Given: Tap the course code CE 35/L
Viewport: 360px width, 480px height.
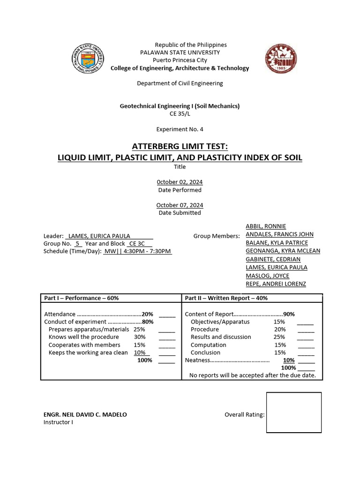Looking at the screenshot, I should click(180, 113).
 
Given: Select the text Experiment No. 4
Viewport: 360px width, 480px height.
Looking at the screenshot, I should click(180, 129).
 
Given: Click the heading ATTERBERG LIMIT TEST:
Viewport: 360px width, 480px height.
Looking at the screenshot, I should click(180, 146).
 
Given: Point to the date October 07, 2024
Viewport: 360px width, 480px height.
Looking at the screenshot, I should click(180, 205).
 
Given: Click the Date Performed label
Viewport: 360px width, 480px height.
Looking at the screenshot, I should click(180, 190).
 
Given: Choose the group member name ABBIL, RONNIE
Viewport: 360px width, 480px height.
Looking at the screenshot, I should click(266, 226).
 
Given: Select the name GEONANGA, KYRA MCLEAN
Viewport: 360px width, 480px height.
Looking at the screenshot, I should click(283, 251).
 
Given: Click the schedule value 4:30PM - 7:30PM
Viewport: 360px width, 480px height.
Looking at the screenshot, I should click(147, 251).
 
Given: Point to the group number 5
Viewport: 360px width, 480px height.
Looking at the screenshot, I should click(78, 244).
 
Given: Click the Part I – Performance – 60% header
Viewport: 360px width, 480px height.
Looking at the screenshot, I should click(82, 298).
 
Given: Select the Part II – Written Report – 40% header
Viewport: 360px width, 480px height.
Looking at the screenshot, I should click(226, 298).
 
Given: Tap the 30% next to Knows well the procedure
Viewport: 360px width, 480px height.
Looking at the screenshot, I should click(140, 337).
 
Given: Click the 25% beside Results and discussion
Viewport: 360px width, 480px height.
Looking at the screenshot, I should click(279, 337).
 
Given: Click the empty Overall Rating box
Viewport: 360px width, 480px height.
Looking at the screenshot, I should click(294, 412).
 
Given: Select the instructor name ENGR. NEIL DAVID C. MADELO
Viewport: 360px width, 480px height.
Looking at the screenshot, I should click(85, 414).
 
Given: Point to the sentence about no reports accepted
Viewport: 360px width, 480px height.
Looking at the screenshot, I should click(252, 375).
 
